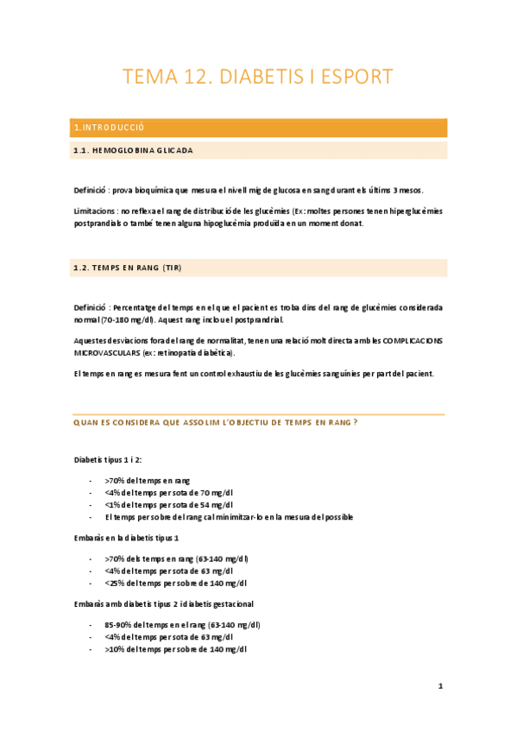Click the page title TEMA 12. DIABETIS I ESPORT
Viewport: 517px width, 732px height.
[x=258, y=77]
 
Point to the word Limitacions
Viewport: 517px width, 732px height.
[x=94, y=211]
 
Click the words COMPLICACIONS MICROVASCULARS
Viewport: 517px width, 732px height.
[x=393, y=341]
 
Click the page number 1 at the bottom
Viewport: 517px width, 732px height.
[x=440, y=687]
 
